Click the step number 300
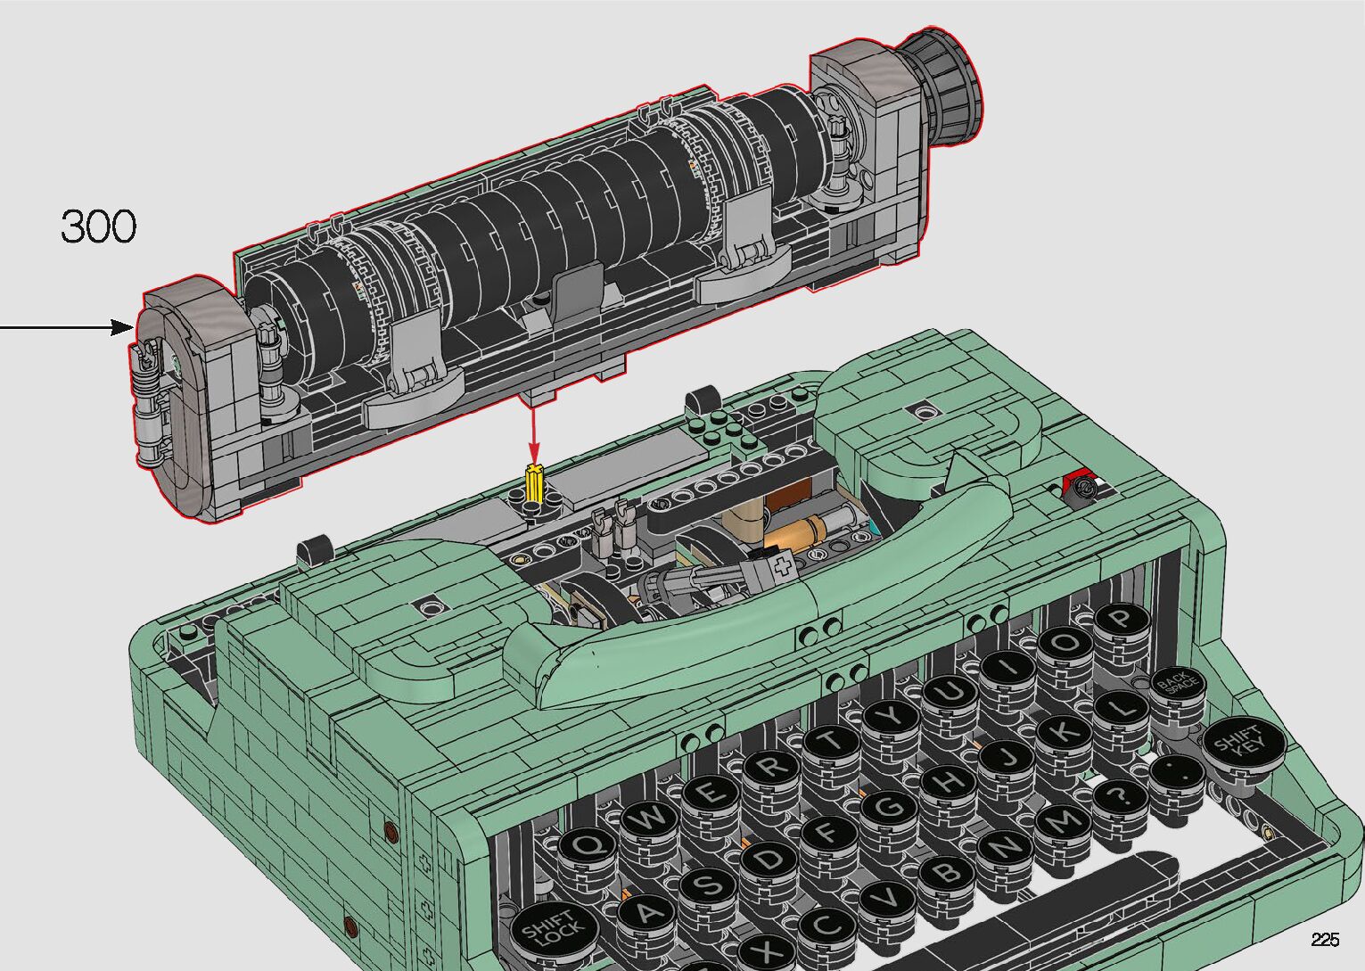tap(99, 226)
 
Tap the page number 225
tap(1326, 939)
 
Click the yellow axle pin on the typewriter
tap(534, 482)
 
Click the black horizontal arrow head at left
tap(122, 327)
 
